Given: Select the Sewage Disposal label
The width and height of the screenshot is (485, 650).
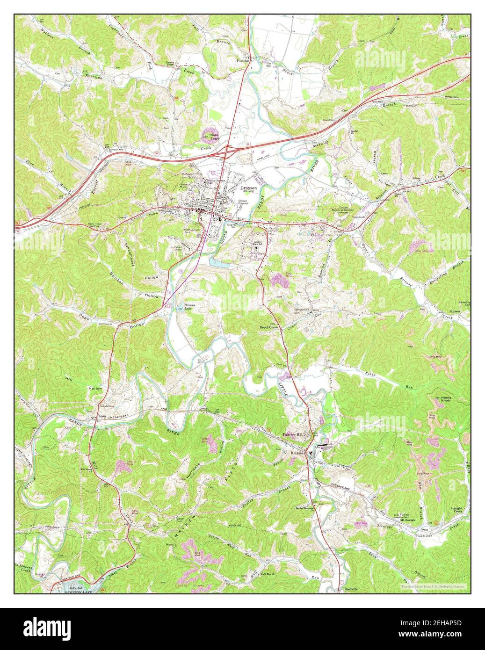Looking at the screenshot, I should click(x=243, y=202).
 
